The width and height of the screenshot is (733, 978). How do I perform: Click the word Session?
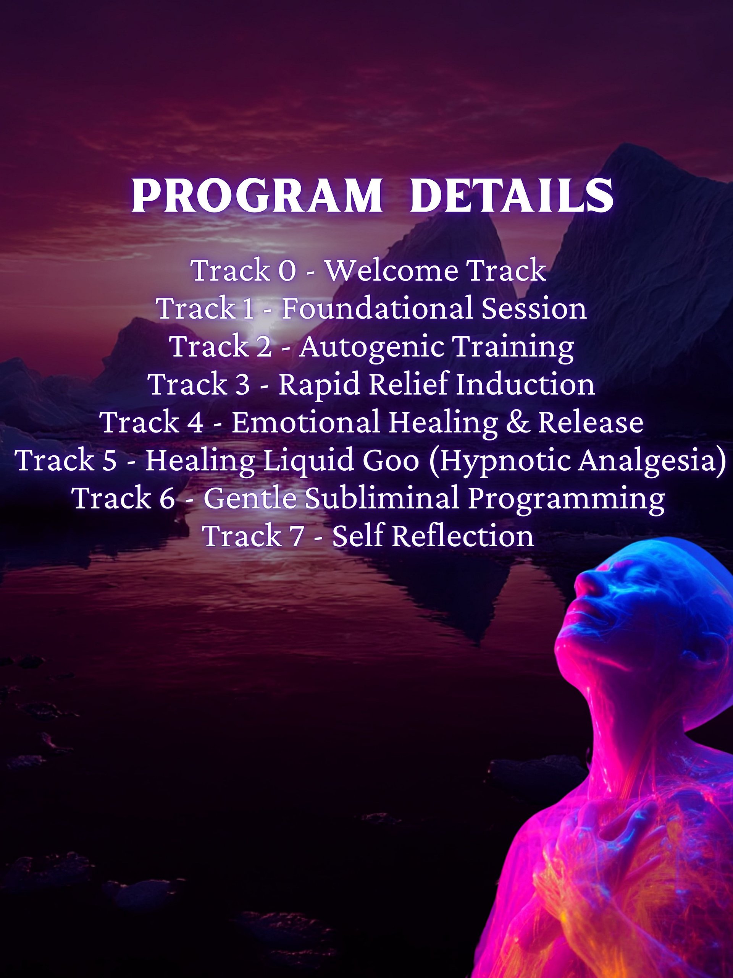click(x=534, y=308)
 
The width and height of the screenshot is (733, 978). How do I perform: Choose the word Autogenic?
click(x=371, y=346)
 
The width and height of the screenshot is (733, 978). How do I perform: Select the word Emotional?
click(x=305, y=422)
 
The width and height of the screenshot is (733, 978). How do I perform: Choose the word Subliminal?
click(x=382, y=498)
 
